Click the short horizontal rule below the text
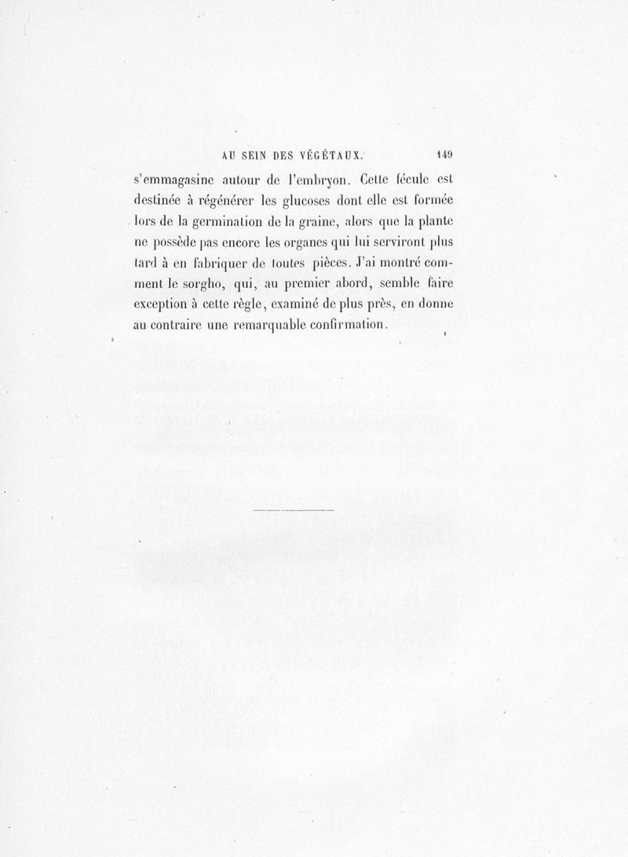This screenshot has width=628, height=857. click(294, 512)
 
